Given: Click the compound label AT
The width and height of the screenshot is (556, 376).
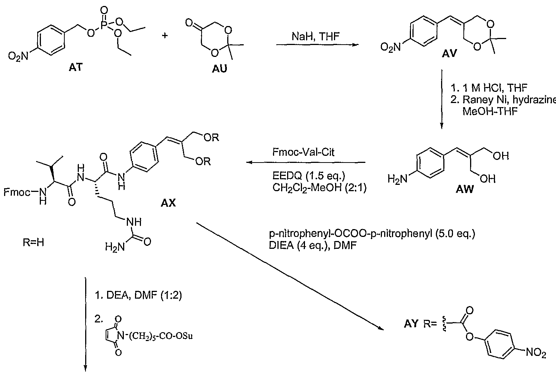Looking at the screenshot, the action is point(76,67).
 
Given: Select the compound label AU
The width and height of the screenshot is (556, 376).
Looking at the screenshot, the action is point(219,69).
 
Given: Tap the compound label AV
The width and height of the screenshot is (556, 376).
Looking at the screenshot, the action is point(449,53).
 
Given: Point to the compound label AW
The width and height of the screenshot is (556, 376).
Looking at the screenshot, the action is point(465,189).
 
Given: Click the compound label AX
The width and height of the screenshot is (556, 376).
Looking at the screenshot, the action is point(168,203).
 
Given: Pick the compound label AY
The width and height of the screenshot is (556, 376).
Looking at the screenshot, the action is point(411,324).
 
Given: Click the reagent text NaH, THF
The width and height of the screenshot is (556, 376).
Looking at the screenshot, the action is point(315,36).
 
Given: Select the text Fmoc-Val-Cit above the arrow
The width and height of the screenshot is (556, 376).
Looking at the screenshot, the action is point(303,152).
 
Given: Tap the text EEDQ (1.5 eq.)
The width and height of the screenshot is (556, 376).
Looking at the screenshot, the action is point(309,176).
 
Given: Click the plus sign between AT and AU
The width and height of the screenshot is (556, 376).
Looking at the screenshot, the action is point(164,35).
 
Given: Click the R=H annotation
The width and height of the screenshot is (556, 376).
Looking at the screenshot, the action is point(33,242).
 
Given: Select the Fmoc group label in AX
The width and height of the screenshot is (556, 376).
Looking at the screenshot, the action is point(17,192).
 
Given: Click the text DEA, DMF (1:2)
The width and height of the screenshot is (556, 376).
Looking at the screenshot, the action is point(144,295).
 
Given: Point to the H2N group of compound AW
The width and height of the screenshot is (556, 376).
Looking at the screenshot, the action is point(398,179).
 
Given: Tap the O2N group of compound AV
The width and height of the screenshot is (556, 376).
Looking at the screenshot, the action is point(391,47).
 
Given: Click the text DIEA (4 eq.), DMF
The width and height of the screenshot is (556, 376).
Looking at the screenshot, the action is point(313,245).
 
